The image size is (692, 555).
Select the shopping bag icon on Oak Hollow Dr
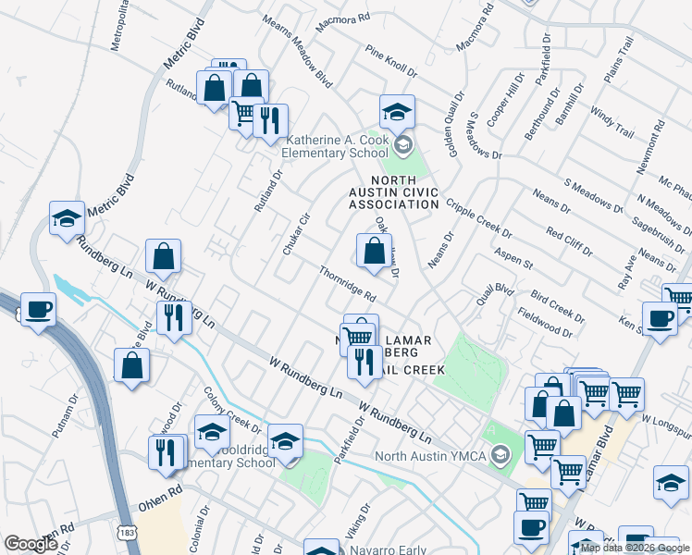click(373, 252)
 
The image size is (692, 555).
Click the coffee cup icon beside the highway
click(38, 310)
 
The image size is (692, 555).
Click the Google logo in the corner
click(31, 543)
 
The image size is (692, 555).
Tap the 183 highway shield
click(126, 533)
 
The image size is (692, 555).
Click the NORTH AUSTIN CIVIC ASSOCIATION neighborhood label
click(404, 191)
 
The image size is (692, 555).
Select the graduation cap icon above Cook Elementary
click(397, 113)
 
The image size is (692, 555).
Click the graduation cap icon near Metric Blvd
click(67, 219)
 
